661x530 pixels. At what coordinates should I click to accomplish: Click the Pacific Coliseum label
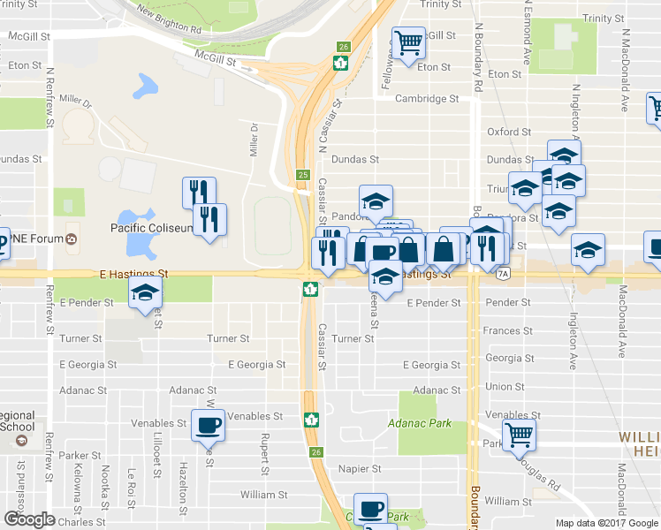(x=151, y=228)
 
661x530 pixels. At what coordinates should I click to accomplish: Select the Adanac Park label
(x=420, y=423)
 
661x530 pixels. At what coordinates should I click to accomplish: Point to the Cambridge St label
(x=427, y=99)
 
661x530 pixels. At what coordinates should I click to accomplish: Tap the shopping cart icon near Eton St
(x=408, y=42)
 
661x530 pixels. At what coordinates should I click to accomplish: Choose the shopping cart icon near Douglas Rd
(x=519, y=434)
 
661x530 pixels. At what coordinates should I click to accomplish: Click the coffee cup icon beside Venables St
(x=209, y=425)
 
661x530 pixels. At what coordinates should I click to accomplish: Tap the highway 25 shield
(x=303, y=175)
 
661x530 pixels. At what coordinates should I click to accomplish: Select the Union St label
(x=505, y=386)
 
